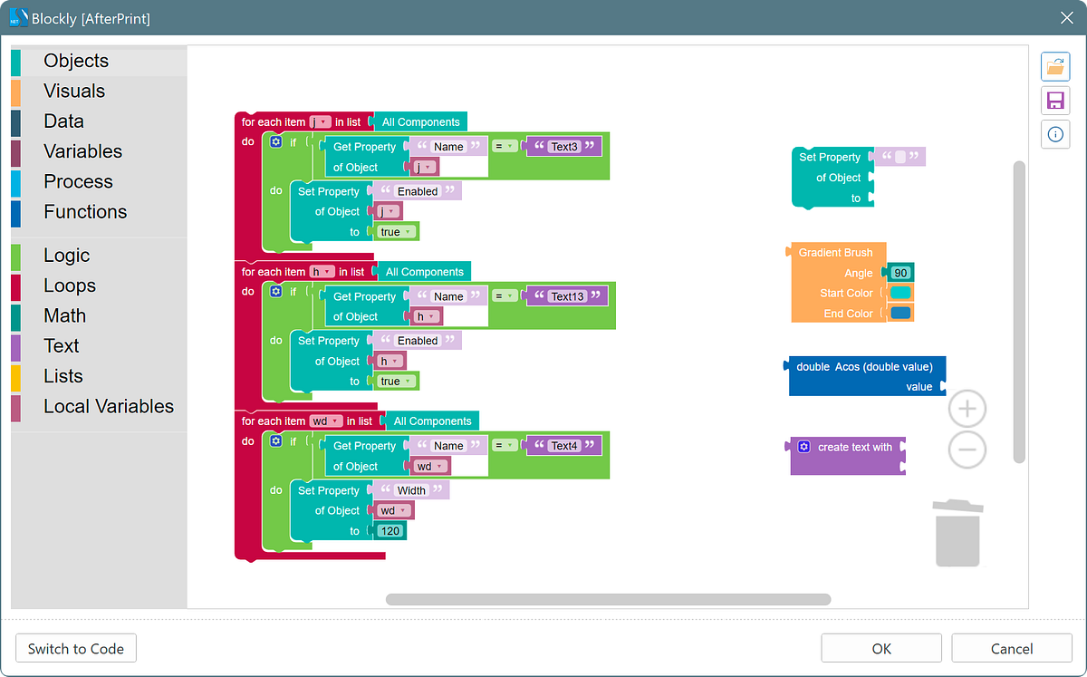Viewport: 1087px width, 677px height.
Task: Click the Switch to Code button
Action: pyautogui.click(x=76, y=649)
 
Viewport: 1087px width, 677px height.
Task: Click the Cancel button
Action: pyautogui.click(x=1011, y=649)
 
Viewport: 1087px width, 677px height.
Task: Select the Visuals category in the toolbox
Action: pyautogui.click(x=74, y=91)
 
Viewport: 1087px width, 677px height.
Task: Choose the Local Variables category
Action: pyautogui.click(x=108, y=406)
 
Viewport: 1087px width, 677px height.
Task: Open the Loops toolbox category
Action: pyautogui.click(x=70, y=285)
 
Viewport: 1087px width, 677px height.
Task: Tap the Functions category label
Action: pyautogui.click(x=85, y=211)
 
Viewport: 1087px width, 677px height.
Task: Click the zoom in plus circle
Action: pyautogui.click(x=967, y=410)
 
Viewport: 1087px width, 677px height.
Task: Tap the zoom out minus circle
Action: pyautogui.click(x=967, y=450)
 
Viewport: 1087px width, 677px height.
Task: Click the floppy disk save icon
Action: pyautogui.click(x=1055, y=100)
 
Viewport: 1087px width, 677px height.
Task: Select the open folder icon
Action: pyautogui.click(x=1055, y=66)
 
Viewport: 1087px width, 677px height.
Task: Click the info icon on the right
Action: pyautogui.click(x=1055, y=134)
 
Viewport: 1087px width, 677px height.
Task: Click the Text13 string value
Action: pyautogui.click(x=567, y=296)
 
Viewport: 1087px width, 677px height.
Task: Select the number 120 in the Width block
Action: pyautogui.click(x=390, y=531)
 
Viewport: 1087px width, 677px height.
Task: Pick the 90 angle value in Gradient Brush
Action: pyautogui.click(x=900, y=273)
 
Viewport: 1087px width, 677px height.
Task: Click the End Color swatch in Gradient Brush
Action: pyautogui.click(x=900, y=314)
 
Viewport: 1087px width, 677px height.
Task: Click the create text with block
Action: pyautogui.click(x=853, y=447)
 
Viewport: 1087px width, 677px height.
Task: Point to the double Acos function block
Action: pyautogui.click(x=864, y=367)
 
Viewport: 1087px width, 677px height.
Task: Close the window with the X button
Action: pyautogui.click(x=1066, y=17)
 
